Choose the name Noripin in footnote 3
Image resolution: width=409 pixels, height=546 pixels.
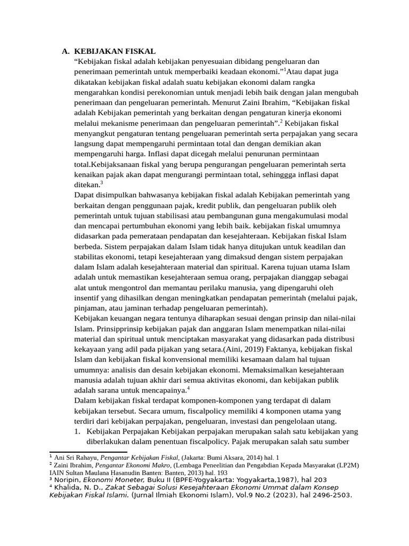click(x=67, y=480)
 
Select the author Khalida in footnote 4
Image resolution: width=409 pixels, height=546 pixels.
click(x=68, y=487)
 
